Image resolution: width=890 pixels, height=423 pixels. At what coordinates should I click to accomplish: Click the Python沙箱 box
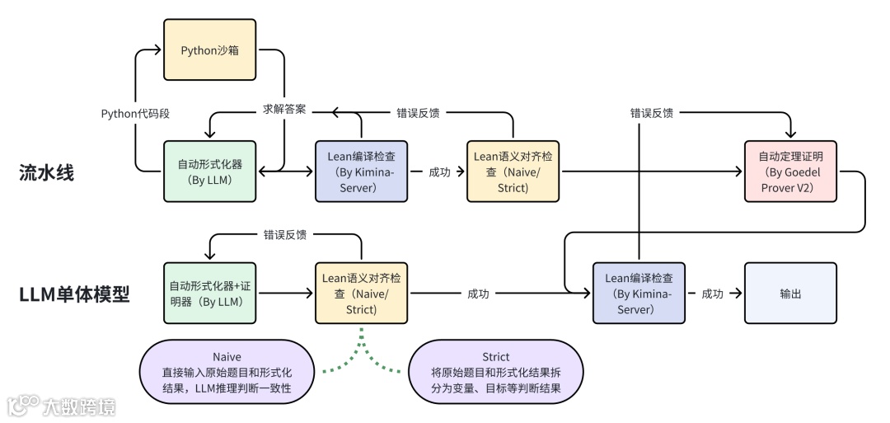[209, 50]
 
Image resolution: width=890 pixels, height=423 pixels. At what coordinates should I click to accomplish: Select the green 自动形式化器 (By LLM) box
[209, 172]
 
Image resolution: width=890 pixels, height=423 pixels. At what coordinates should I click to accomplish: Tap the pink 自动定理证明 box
[790, 172]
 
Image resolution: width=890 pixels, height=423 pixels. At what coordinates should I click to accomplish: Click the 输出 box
[790, 293]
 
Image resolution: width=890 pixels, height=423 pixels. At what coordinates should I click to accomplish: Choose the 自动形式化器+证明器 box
[209, 293]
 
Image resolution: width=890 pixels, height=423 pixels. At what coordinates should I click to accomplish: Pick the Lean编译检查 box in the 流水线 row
[361, 172]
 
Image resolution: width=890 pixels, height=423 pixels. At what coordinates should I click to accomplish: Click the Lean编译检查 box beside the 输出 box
[639, 293]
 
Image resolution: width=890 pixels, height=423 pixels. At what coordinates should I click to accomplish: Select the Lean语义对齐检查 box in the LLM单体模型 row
[361, 293]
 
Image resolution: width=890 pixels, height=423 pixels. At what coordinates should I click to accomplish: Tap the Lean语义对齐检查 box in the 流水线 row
[513, 172]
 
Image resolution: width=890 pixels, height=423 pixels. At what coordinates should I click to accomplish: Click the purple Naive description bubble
[227, 373]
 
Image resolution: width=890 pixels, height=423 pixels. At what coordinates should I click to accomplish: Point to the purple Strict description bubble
[495, 373]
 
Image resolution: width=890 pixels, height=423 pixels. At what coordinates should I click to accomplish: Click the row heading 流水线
[46, 172]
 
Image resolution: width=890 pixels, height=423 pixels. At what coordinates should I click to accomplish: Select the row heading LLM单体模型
[74, 294]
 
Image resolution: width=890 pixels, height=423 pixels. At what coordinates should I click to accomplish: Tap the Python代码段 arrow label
[135, 114]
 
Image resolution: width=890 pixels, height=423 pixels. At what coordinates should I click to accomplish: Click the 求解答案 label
[284, 109]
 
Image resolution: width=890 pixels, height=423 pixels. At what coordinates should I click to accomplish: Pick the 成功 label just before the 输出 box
[712, 294]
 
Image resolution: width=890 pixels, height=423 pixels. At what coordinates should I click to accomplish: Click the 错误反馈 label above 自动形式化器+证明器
[285, 234]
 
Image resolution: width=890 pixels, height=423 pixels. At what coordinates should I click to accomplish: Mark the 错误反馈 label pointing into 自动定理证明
[652, 113]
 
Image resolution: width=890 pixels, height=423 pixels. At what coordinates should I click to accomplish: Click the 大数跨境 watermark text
[79, 407]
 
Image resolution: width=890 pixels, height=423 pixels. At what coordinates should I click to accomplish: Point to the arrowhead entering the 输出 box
[739, 293]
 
